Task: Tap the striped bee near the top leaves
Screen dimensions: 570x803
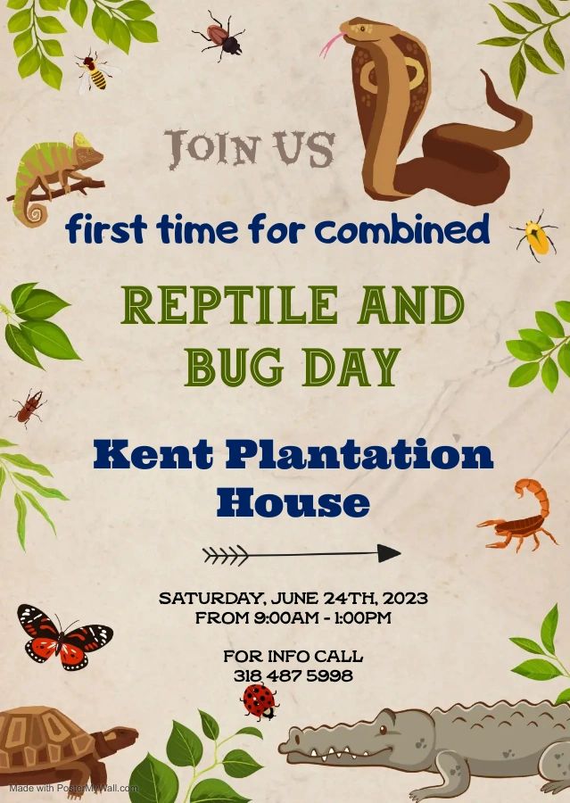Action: click(x=95, y=72)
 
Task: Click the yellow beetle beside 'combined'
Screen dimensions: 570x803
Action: click(x=535, y=236)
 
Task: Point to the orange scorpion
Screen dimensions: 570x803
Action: click(x=519, y=516)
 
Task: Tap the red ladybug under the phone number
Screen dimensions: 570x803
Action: click(x=260, y=701)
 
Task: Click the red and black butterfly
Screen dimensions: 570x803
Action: click(x=63, y=637)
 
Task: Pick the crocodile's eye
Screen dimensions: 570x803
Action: click(x=383, y=729)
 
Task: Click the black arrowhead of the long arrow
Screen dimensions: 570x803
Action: click(x=389, y=553)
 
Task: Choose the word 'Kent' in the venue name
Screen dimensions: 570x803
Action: click(x=153, y=454)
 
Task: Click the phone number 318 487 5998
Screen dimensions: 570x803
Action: click(x=293, y=675)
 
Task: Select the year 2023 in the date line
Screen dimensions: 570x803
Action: click(x=405, y=598)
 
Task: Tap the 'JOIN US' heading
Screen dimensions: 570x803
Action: click(x=250, y=148)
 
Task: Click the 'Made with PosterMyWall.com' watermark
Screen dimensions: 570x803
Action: click(x=74, y=788)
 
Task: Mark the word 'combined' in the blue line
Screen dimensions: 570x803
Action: click(x=402, y=229)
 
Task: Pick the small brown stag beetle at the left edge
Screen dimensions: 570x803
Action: click(x=29, y=407)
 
